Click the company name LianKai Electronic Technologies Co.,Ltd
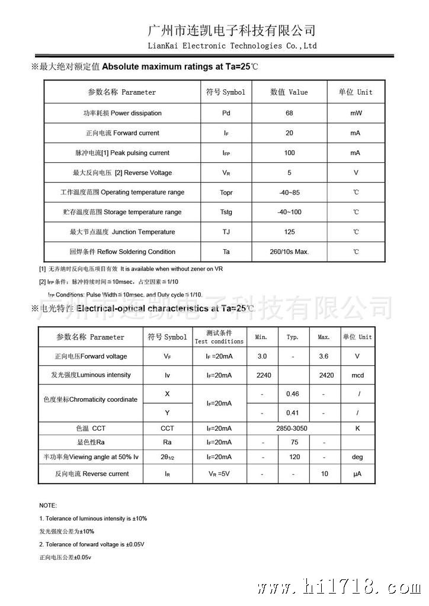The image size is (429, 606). click(232, 46)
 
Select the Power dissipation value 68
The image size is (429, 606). click(289, 113)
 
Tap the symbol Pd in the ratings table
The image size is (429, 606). click(226, 113)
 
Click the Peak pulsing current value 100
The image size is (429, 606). click(289, 153)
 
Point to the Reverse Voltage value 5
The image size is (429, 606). click(289, 173)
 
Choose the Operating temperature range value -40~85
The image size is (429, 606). click(289, 192)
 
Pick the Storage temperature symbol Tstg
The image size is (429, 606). click(226, 212)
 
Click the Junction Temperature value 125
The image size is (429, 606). click(289, 232)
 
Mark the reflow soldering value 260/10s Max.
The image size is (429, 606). click(289, 252)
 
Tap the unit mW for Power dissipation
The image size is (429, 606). click(356, 113)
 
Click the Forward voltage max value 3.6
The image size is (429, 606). click(324, 356)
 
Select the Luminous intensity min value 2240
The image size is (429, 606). click(263, 375)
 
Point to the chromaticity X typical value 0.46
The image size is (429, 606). click(292, 394)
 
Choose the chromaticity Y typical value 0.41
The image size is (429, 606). click(292, 412)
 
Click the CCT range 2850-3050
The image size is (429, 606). click(292, 428)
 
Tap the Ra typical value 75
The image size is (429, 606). click(292, 442)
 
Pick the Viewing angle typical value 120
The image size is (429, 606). click(292, 457)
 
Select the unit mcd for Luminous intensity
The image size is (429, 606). click(357, 375)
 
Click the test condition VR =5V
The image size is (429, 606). click(219, 473)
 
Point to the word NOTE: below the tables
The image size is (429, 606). click(48, 505)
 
